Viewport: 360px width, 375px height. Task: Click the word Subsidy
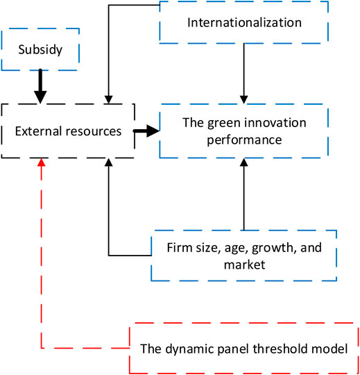point(40,50)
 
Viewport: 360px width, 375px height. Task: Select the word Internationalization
point(244,22)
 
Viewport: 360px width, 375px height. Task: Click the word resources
point(94,131)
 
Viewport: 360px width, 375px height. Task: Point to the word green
point(223,124)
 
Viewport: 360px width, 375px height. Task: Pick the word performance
point(244,140)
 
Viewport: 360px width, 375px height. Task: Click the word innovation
point(274,123)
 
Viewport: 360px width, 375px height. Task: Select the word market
point(244,265)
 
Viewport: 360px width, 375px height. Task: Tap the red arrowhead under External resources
point(42,162)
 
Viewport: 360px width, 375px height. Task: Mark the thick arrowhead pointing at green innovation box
point(153,131)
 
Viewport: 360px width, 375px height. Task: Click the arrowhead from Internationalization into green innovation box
point(244,99)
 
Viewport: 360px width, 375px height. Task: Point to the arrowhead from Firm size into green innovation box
point(244,162)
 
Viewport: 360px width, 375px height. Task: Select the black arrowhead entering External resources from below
point(109,162)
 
